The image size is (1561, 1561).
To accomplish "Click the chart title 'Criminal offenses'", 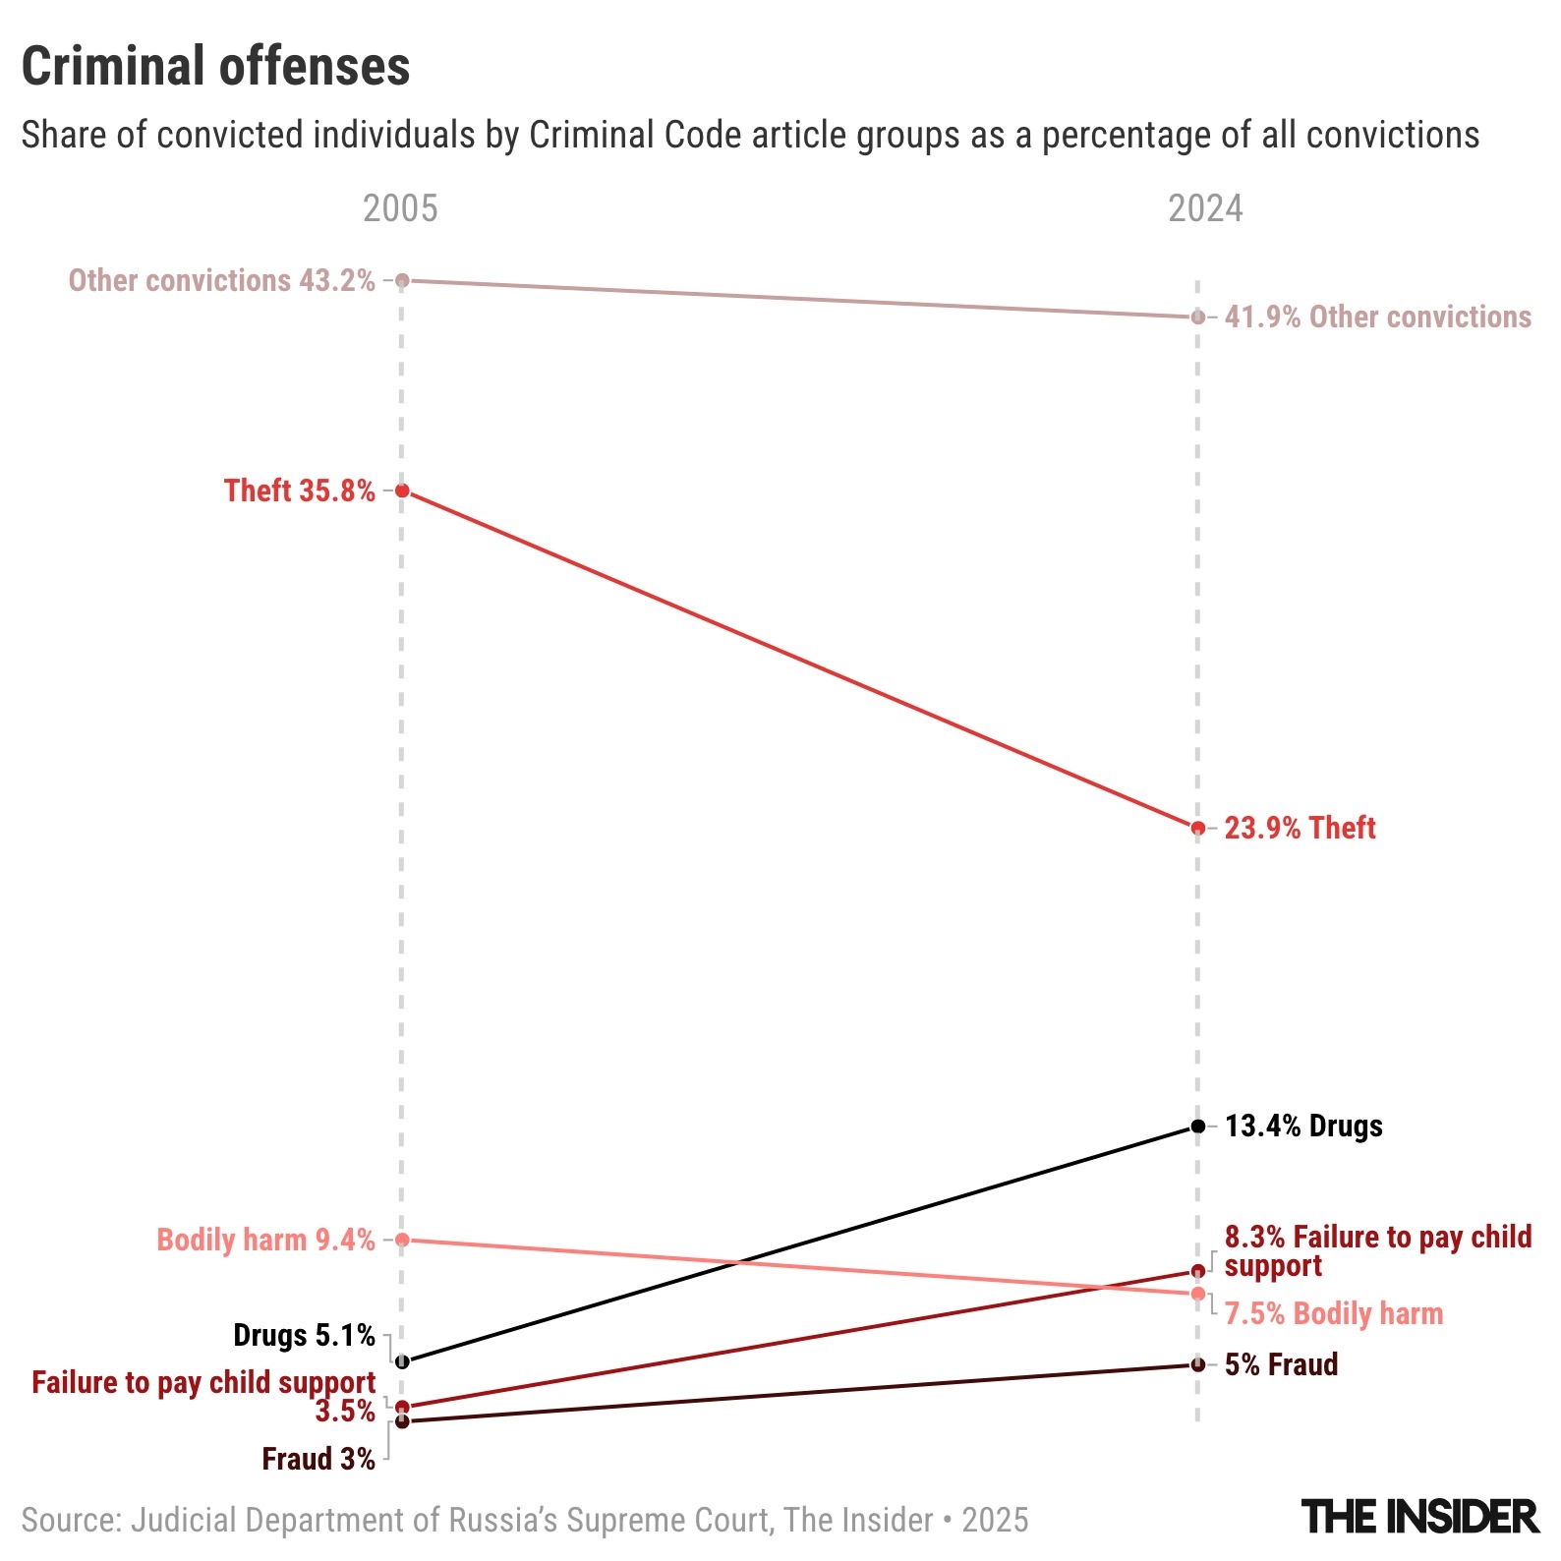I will (215, 67).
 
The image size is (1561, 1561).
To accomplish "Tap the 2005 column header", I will (400, 208).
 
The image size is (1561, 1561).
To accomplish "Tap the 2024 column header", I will (1205, 208).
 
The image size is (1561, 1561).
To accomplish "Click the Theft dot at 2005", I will (402, 491).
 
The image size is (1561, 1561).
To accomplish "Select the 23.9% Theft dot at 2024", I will (1197, 828).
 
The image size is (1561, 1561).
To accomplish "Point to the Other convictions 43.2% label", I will (221, 281).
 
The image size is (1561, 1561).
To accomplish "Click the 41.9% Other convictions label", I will (1377, 317).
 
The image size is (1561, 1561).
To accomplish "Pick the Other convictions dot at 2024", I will (1197, 317).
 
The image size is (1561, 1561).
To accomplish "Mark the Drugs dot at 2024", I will (1197, 1126).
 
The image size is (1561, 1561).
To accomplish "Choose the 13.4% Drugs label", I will (1303, 1126).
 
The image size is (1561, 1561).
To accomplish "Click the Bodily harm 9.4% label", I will (265, 1240).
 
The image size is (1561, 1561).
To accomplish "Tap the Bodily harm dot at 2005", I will (402, 1240).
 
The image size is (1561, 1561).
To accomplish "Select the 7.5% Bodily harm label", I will (1333, 1313).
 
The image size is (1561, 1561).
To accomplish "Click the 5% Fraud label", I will (1281, 1364).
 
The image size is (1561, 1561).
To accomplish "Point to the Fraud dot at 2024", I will (1197, 1364).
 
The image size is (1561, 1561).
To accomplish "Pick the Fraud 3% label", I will (318, 1459).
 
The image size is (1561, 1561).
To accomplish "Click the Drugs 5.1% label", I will (304, 1336).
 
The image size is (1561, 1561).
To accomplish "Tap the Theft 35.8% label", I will (299, 491).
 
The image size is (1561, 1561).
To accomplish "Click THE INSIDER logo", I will (1419, 1517).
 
